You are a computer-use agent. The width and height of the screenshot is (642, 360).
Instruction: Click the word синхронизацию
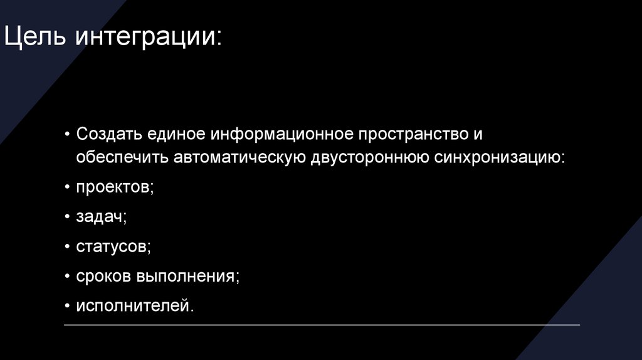pyautogui.click(x=499, y=157)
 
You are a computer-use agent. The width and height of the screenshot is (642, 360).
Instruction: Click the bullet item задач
pyautogui.click(x=102, y=217)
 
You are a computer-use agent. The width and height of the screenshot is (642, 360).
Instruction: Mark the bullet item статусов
pyautogui.click(x=113, y=246)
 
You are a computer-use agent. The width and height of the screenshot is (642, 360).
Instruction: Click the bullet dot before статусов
pyautogui.click(x=67, y=246)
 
